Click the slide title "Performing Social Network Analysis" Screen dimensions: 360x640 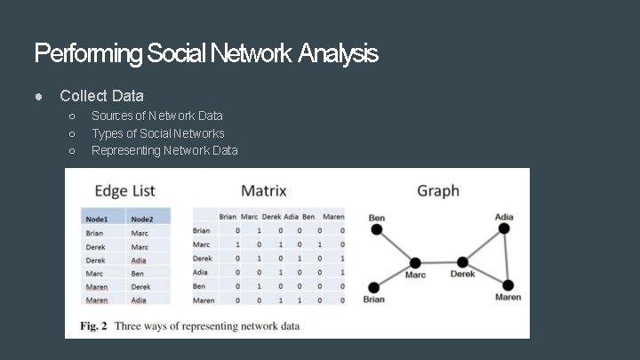click(205, 54)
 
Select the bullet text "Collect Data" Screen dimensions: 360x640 click(101, 95)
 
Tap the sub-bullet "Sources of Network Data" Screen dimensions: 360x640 click(157, 116)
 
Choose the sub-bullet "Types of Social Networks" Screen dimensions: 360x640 click(158, 133)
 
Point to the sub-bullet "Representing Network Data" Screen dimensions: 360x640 click(164, 150)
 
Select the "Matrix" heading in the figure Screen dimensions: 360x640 click(264, 190)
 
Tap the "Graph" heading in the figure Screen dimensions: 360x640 click(438, 190)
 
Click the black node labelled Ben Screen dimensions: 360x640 click(377, 229)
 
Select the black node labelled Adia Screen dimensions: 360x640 click(504, 228)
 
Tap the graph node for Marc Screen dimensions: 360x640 click(415, 263)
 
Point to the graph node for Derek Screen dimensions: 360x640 click(462, 262)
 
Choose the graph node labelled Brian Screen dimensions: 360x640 click(374, 287)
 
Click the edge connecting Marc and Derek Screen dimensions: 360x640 click(438, 263)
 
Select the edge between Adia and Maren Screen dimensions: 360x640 click(506, 257)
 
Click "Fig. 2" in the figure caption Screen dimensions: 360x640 click(93, 326)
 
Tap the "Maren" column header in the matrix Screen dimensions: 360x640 click(333, 217)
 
